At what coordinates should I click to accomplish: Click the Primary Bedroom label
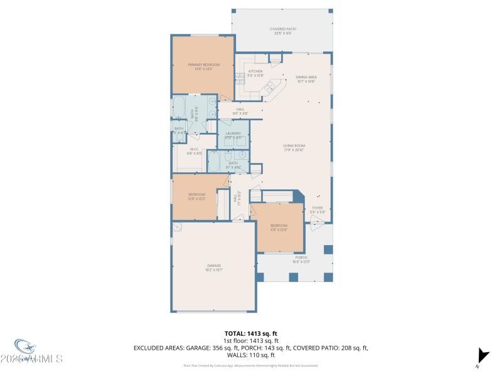pos(203,66)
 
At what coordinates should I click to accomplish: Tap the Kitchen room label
pos(255,73)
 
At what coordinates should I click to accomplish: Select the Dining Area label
pos(306,78)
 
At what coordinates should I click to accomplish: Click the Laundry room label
pos(233,135)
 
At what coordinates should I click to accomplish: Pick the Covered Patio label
pos(282,31)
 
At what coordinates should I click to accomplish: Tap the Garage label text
pos(214,267)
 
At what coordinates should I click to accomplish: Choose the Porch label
pos(301,258)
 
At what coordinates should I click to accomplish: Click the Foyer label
pos(317,210)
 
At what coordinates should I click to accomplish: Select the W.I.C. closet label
pos(195,150)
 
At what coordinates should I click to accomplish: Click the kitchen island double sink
pos(270,89)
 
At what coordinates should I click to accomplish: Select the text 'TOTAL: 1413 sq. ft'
pos(250,333)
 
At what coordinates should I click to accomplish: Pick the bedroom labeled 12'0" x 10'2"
pos(196,197)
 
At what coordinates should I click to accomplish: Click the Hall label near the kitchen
pos(240,110)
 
